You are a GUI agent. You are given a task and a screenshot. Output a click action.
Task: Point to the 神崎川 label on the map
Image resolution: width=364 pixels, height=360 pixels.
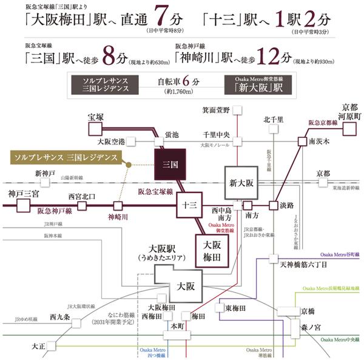(x=118, y=217)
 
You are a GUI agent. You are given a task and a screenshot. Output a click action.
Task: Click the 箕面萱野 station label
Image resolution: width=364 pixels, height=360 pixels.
(x=217, y=110)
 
